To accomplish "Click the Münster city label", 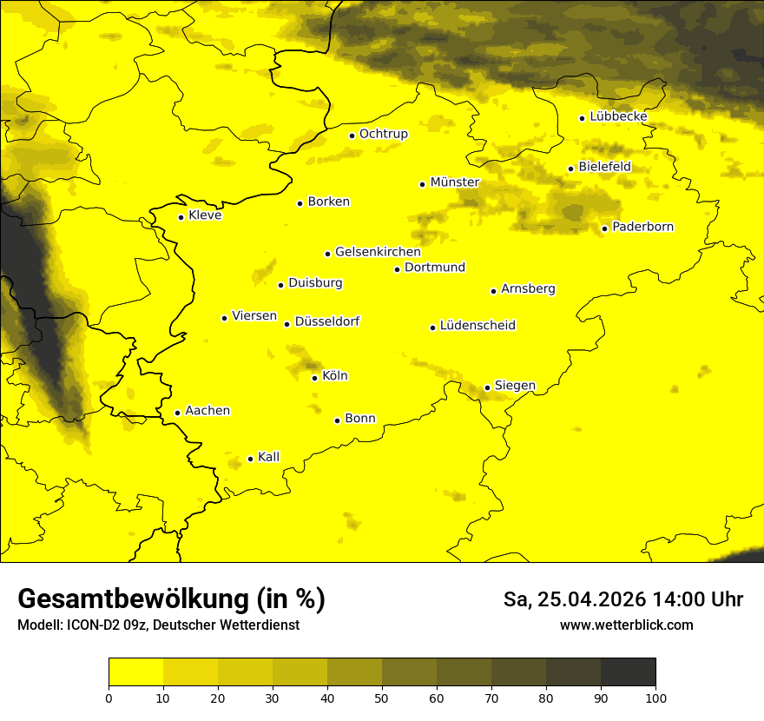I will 454,182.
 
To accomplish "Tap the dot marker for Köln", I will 315,378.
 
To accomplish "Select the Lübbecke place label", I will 618,116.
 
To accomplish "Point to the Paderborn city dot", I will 605,228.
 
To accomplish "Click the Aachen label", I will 207,411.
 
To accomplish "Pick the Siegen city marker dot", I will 488,387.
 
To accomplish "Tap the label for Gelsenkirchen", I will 378,252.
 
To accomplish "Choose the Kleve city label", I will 205,215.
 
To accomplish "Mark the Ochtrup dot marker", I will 352,136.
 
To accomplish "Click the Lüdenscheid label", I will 477,326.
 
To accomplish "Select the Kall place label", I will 268,457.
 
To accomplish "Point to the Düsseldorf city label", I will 326,321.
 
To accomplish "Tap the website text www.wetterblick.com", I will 627,625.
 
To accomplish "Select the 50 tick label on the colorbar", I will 382,697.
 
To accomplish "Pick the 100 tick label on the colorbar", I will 655,697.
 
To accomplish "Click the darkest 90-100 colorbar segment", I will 628,671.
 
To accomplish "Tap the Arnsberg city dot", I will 493,291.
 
